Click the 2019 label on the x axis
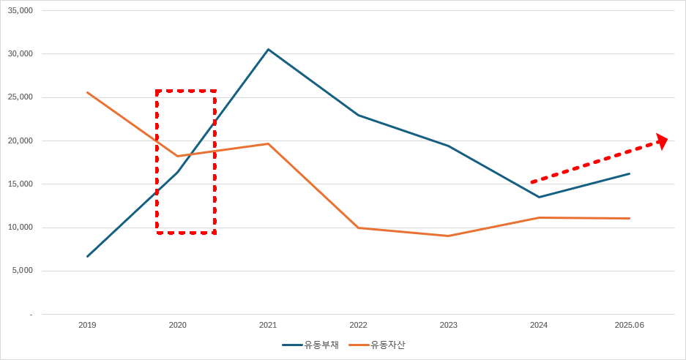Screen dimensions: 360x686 [87, 325]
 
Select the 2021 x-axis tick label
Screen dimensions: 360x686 [268, 325]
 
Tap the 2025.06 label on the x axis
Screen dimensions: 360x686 [629, 325]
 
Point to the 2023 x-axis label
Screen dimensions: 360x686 [448, 325]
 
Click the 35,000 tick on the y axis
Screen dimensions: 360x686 [21, 11]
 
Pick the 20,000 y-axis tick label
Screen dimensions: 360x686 [21, 140]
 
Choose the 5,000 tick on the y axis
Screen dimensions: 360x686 [23, 271]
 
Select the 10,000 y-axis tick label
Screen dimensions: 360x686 [21, 228]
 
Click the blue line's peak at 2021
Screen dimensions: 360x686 [268, 49]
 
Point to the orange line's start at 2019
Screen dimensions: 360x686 [87, 92]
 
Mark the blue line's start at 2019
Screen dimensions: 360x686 [87, 256]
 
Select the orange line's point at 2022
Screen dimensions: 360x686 [358, 228]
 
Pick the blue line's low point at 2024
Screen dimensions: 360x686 [539, 197]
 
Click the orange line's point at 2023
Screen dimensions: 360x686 [448, 236]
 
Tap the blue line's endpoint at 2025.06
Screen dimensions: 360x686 [629, 173]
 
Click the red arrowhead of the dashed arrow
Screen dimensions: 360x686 [662, 140]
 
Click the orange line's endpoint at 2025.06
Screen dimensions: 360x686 [629, 218]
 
